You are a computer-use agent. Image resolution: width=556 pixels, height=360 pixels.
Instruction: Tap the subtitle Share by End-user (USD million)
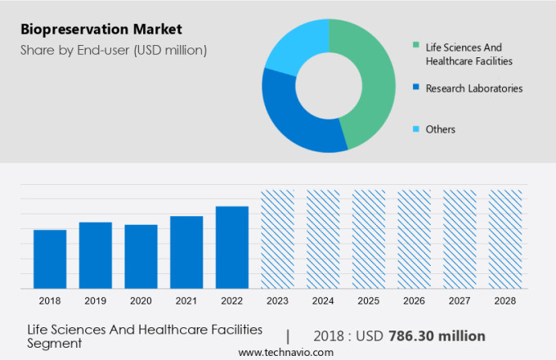tap(114, 50)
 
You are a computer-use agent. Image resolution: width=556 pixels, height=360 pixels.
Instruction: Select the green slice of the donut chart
tap(372, 82)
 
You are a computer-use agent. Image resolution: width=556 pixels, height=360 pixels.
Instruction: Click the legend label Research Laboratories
tap(474, 88)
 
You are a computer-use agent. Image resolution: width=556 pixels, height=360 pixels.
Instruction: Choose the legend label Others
tap(441, 129)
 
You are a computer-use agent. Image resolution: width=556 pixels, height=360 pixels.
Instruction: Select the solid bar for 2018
tap(50, 259)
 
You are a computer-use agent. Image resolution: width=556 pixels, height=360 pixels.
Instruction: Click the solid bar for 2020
tap(141, 256)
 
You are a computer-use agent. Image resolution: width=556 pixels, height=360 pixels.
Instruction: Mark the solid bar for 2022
tap(232, 247)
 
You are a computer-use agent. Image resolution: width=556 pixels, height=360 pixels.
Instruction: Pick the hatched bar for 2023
tap(277, 239)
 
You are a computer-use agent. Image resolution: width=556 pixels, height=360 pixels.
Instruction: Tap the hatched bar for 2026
tap(414, 239)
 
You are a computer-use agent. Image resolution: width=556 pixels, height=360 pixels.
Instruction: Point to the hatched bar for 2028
tap(505, 239)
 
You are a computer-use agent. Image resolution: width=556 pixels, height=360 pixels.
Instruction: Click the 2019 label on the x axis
tap(96, 301)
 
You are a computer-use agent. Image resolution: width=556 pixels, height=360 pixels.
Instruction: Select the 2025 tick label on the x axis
tap(369, 301)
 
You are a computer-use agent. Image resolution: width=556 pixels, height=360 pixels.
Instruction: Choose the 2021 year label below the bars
tap(186, 301)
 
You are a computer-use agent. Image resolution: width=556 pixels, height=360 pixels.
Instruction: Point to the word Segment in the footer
tap(55, 344)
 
